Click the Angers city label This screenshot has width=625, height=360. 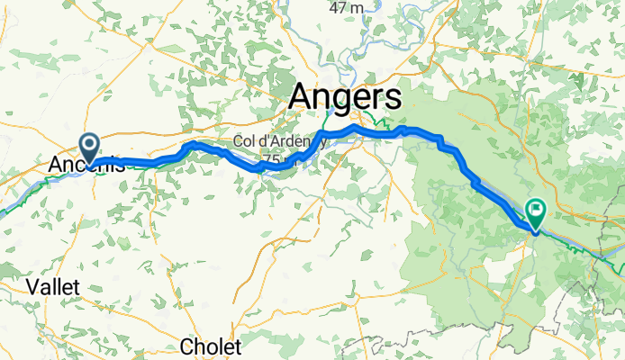[346, 98]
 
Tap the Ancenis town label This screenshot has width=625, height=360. [86, 166]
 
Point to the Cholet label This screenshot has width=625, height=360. [211, 346]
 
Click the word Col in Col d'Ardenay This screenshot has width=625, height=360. [244, 141]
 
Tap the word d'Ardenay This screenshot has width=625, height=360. [288, 141]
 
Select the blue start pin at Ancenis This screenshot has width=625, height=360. [90, 145]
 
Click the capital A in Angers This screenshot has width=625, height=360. [303, 98]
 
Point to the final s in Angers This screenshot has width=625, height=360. [394, 98]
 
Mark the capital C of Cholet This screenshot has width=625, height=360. [186, 346]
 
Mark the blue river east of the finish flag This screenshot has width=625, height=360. [594, 241]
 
